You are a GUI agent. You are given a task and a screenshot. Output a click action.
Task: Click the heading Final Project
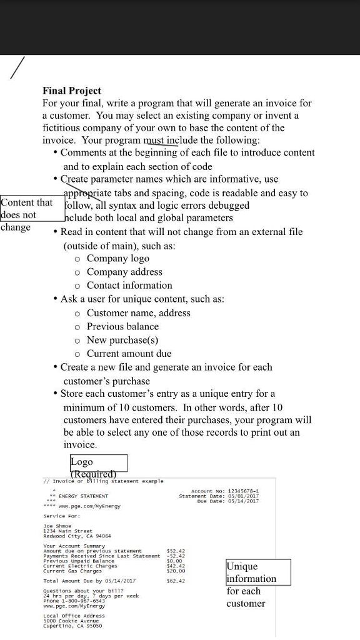coord(71,91)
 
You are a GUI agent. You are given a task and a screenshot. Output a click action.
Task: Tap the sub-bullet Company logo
coord(117,258)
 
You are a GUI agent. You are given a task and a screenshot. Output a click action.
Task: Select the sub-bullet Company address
coord(124,272)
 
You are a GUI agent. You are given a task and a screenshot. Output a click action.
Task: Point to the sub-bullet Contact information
coord(129,285)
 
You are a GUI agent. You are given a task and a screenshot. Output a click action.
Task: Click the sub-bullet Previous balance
coord(122,326)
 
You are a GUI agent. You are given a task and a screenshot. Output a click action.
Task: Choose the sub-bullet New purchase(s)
coord(122,340)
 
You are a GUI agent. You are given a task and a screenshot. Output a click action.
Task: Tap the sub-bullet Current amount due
coord(129,353)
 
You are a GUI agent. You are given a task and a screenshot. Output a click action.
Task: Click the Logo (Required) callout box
coord(98,463)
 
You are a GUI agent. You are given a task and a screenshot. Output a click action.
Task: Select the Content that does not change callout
coord(27,214)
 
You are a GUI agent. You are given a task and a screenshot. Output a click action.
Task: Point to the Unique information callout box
coord(258,572)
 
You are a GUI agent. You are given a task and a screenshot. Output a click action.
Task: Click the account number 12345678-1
coord(241,491)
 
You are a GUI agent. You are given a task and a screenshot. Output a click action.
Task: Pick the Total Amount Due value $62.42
coord(176,581)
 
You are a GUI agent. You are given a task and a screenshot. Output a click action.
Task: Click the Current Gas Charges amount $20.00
coord(176,571)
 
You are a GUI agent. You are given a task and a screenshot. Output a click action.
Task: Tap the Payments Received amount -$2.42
coord(176,556)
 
